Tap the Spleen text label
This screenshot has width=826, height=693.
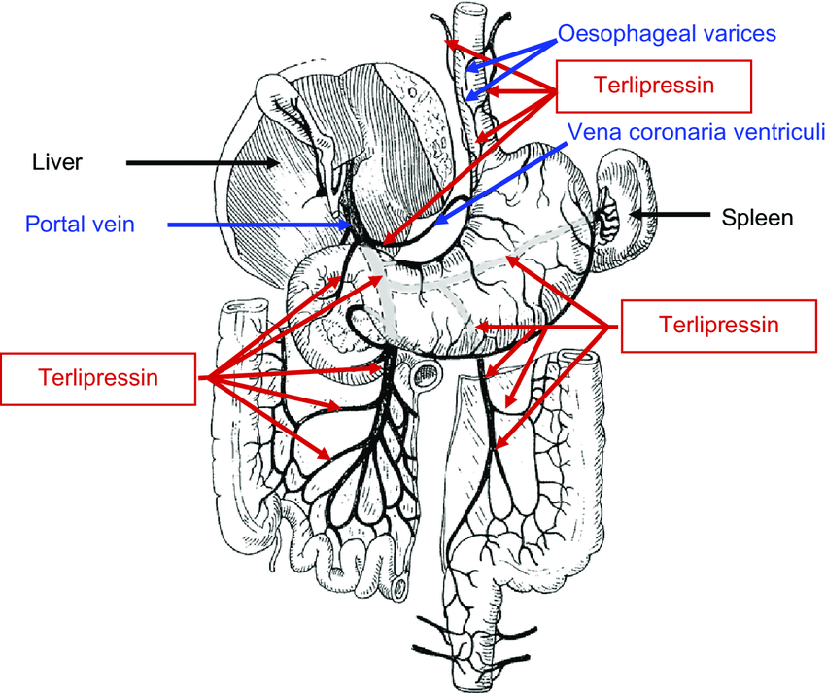(x=757, y=218)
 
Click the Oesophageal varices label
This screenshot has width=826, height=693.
(x=667, y=34)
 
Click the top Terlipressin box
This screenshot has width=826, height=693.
(x=653, y=86)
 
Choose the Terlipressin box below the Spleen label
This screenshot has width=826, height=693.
(x=718, y=325)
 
